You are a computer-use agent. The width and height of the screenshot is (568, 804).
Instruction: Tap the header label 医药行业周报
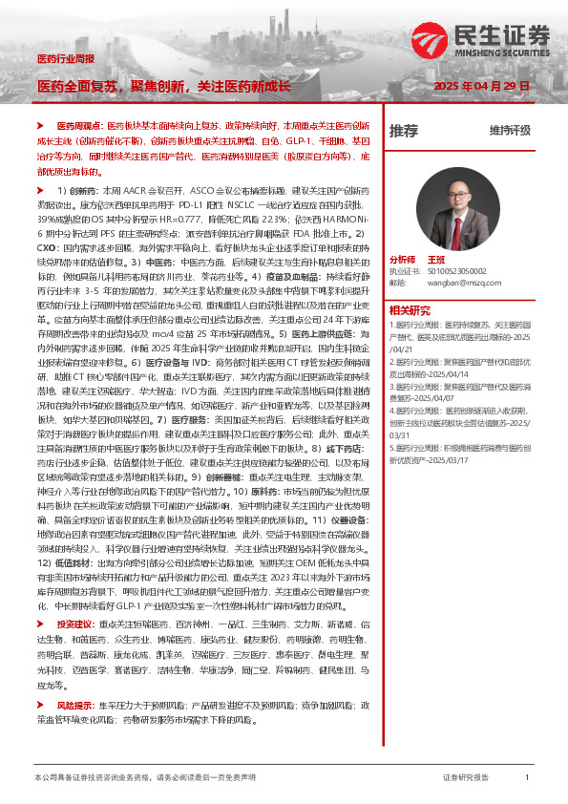point(65,59)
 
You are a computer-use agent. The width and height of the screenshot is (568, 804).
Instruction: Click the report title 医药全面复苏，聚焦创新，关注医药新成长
point(163,86)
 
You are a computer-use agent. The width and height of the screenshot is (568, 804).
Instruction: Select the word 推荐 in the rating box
point(404,130)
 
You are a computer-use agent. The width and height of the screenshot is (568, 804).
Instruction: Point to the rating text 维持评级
point(510,130)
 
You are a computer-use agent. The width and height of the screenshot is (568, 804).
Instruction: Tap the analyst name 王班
point(437,260)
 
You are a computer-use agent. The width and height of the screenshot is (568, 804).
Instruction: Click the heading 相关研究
point(411,309)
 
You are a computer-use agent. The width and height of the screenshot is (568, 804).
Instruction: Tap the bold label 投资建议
point(75,624)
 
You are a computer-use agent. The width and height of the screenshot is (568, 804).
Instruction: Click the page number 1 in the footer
point(527,778)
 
